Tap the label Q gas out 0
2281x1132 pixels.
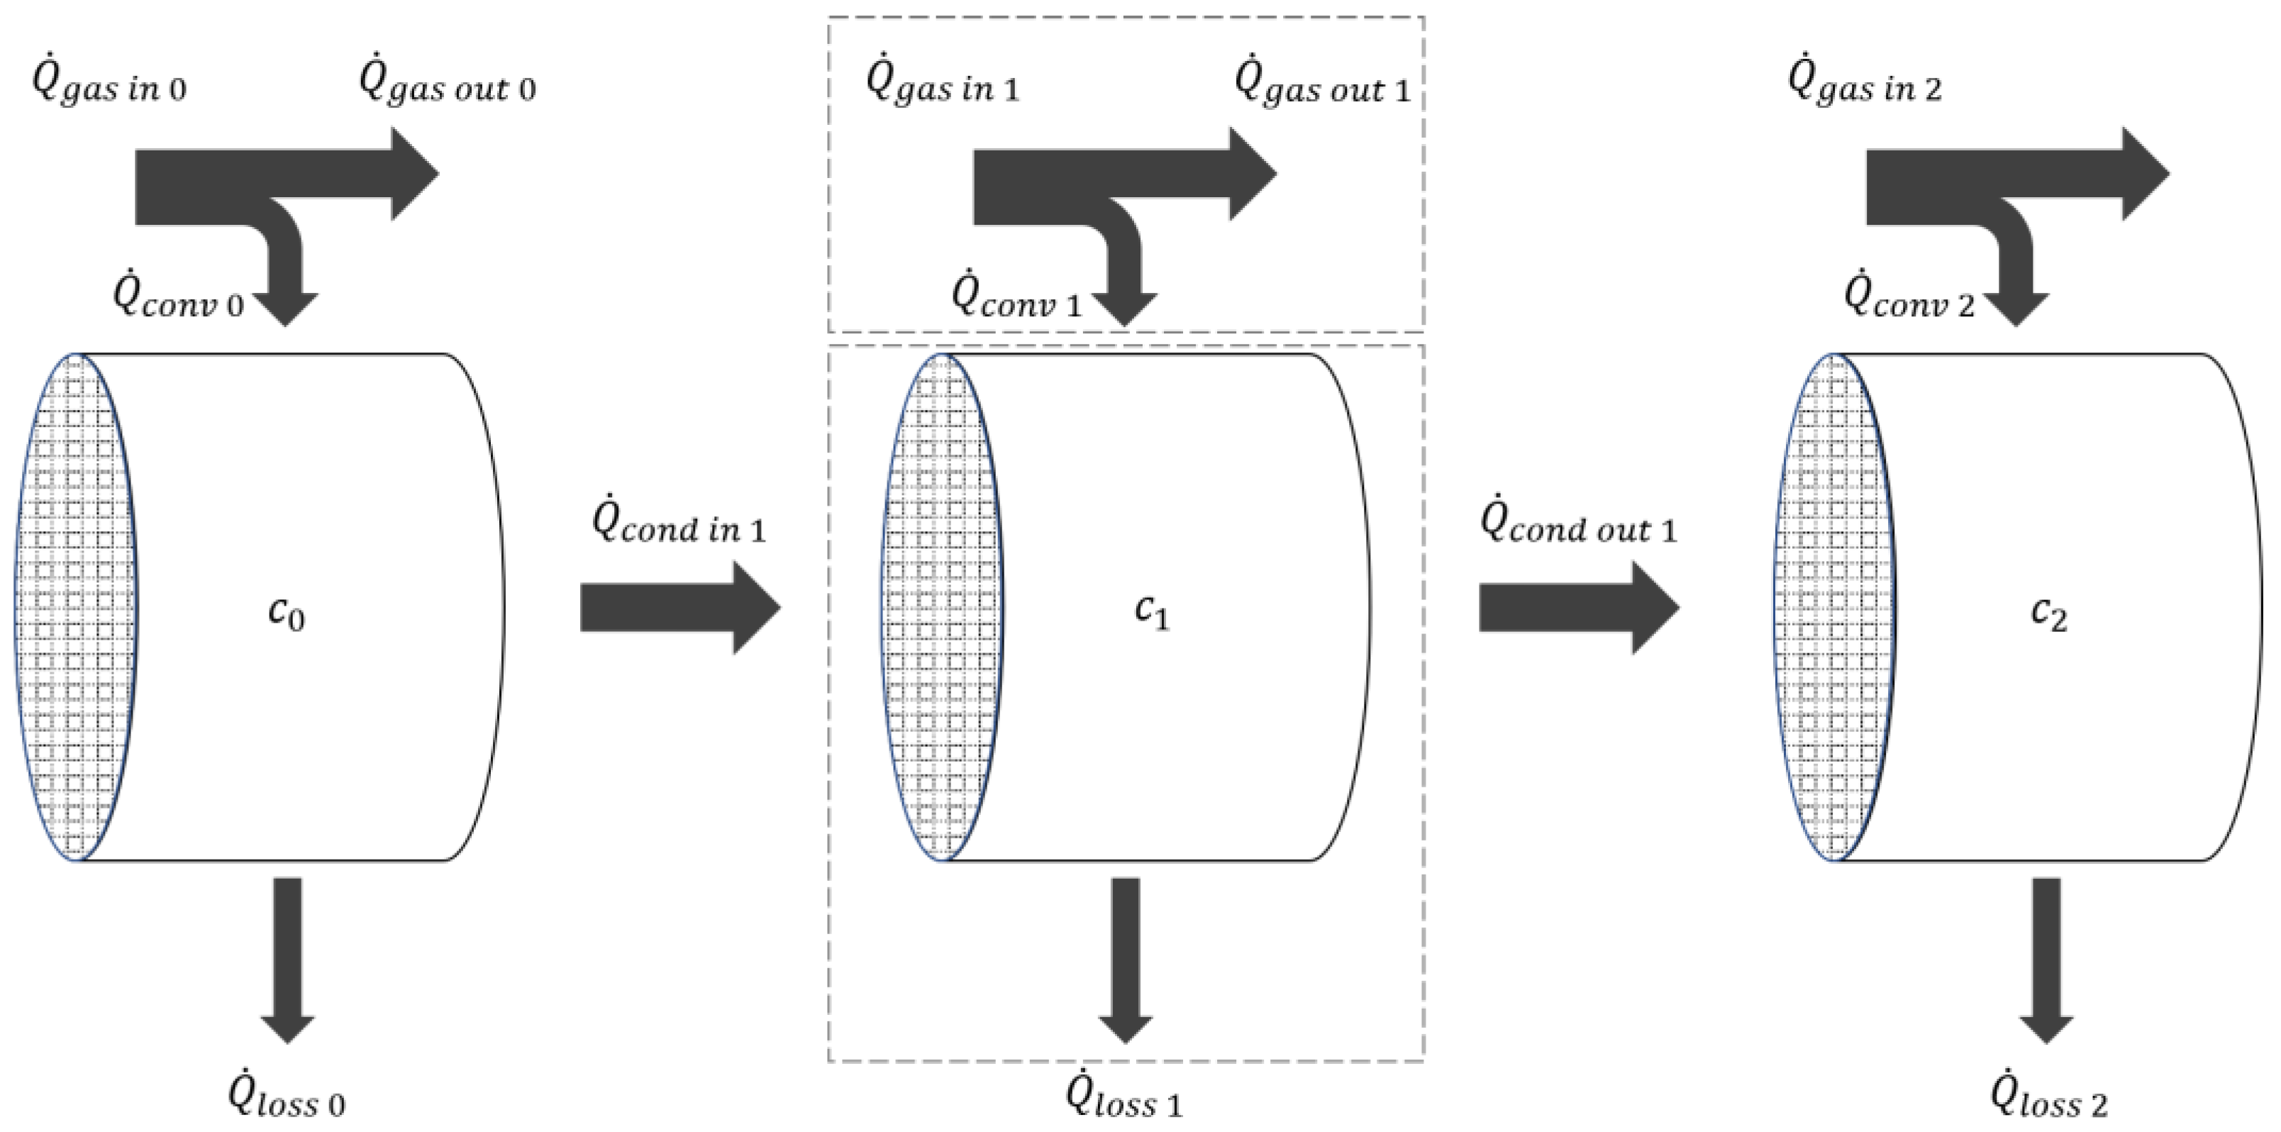click(447, 85)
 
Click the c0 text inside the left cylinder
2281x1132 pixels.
click(286, 613)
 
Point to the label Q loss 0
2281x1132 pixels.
click(286, 1099)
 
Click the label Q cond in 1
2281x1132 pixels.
click(678, 524)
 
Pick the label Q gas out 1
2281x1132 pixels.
click(1322, 85)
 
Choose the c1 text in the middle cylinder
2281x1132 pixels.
click(1151, 613)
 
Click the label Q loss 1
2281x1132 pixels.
click(1123, 1099)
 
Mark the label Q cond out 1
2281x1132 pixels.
click(1578, 524)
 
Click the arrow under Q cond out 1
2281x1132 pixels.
click(1579, 609)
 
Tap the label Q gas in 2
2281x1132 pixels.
click(1865, 85)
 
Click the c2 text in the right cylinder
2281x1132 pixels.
click(2048, 613)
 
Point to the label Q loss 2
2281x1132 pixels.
click(2048, 1099)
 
